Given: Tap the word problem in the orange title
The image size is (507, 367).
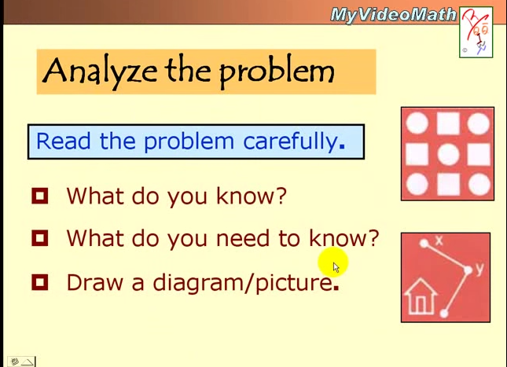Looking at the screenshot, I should [x=277, y=72].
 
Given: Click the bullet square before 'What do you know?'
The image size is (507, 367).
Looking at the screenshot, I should [x=40, y=196].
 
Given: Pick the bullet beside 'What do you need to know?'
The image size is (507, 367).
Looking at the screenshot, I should [x=40, y=238].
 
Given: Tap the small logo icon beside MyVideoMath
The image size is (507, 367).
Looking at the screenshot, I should [x=476, y=32].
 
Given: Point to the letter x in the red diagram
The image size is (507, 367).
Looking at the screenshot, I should [x=439, y=240].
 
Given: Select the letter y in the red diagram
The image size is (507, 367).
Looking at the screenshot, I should [x=479, y=269].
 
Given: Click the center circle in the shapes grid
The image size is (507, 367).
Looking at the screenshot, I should [x=447, y=154].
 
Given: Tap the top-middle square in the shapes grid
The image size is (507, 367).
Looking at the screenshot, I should [x=447, y=124].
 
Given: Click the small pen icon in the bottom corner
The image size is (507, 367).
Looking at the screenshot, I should [x=14, y=361].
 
